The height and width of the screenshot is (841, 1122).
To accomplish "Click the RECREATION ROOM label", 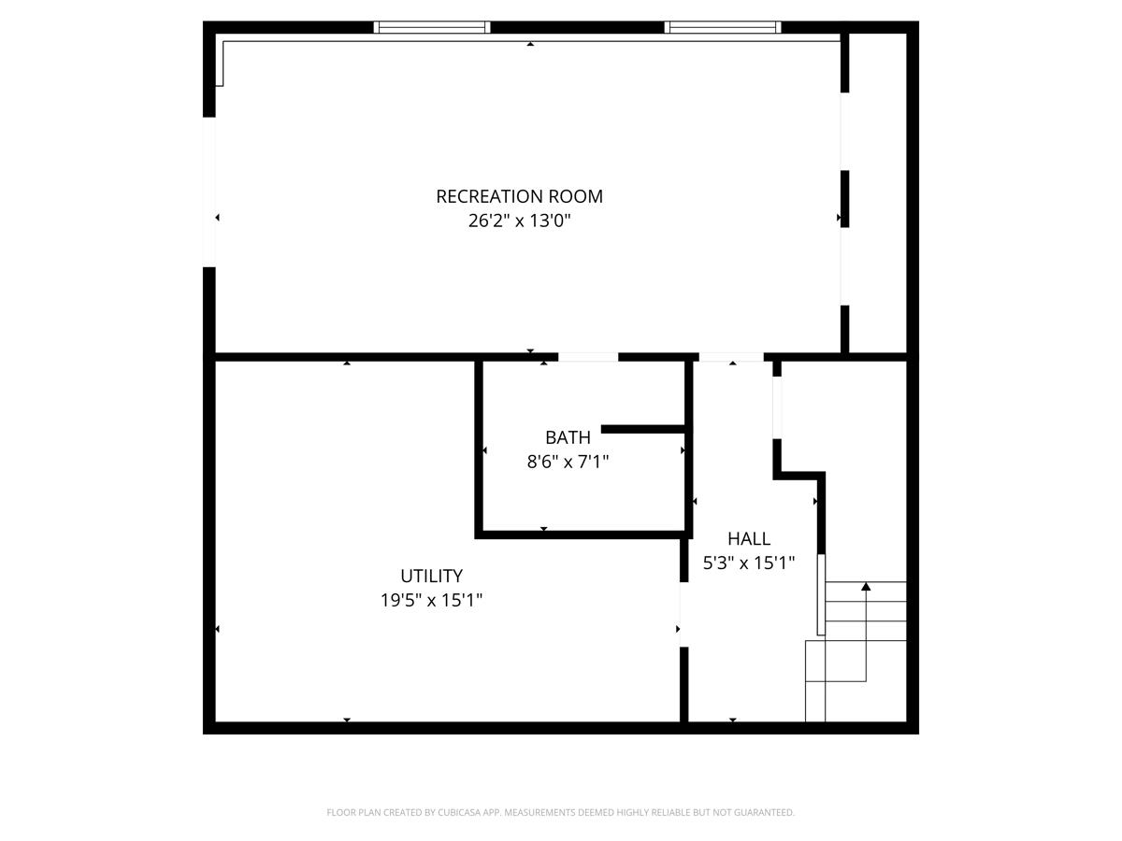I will pyautogui.click(x=519, y=196).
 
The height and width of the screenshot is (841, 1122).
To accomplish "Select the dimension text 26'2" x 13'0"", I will pyautogui.click(x=519, y=221).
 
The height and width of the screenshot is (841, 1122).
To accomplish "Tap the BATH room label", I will pyautogui.click(x=568, y=437).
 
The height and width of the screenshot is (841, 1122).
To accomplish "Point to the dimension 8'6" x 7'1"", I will pyautogui.click(x=568, y=461).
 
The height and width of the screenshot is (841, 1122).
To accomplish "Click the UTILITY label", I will pyautogui.click(x=431, y=576).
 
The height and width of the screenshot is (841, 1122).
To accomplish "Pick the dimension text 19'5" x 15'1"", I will pyautogui.click(x=431, y=600).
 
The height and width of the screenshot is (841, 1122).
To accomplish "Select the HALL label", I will pyautogui.click(x=749, y=538).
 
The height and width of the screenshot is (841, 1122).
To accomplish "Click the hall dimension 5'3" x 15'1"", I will pyautogui.click(x=749, y=563).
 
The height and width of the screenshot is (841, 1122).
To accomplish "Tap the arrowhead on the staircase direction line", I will pyautogui.click(x=866, y=587).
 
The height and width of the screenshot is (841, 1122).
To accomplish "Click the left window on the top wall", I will pyautogui.click(x=432, y=27).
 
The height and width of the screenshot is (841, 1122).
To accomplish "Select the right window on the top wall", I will pyautogui.click(x=723, y=27).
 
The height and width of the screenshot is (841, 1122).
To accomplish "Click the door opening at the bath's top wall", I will pyautogui.click(x=588, y=357).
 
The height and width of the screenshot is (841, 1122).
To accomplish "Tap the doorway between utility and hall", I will pyautogui.click(x=683, y=614).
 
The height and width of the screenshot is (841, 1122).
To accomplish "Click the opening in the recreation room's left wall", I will pyautogui.click(x=209, y=192).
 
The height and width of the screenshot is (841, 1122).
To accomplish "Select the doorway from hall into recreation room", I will pyautogui.click(x=731, y=357).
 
